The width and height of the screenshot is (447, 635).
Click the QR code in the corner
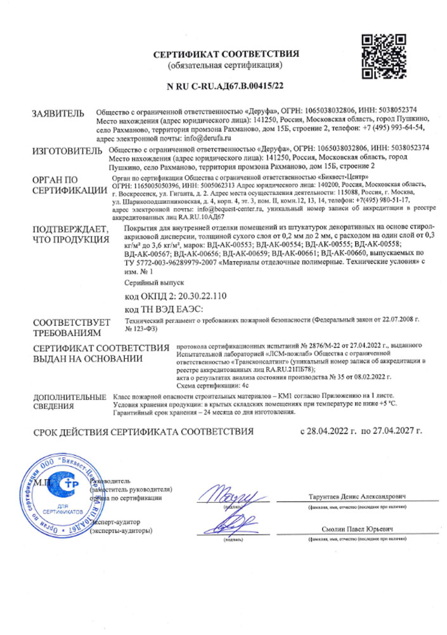[382, 57]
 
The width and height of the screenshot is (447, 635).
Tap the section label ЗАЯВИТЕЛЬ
[58, 114]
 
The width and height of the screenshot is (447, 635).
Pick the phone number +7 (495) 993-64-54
[392, 128]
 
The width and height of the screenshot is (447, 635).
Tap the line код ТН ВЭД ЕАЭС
[164, 309]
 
